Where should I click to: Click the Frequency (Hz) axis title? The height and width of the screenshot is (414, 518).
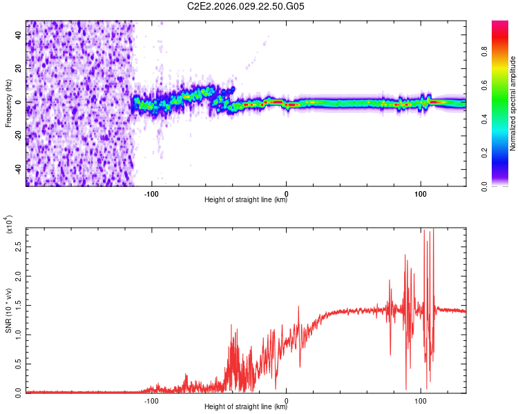click(8, 103)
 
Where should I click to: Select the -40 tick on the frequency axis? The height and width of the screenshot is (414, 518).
click(18, 169)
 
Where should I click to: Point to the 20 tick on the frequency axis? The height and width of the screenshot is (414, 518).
click(18, 68)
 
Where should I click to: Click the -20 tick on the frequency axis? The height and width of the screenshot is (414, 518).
click(18, 135)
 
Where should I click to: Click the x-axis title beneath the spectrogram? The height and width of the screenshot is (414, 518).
click(246, 201)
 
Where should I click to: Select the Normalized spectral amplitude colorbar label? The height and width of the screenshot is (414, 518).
click(513, 103)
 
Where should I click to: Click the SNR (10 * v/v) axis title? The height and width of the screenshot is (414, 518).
click(8, 310)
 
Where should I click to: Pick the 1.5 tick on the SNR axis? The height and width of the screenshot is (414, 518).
click(18, 304)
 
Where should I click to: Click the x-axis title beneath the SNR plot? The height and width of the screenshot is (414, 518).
click(246, 407)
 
